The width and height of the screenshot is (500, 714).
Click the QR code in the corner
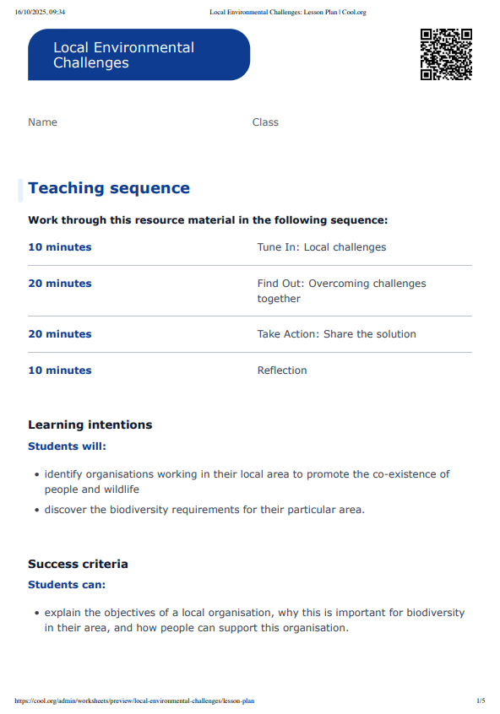(x=446, y=54)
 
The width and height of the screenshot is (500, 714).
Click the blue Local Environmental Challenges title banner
(x=139, y=55)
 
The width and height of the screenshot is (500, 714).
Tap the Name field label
(x=42, y=122)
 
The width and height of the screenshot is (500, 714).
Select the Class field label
(x=265, y=122)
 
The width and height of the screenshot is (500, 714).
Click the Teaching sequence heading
(x=109, y=188)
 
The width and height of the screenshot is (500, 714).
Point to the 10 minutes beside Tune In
(x=60, y=247)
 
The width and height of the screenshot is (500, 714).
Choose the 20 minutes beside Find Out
(x=60, y=284)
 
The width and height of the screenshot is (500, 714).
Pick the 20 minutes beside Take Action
(x=60, y=334)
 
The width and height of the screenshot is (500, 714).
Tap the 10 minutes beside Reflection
(x=60, y=371)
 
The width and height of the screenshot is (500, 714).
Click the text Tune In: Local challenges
(x=321, y=247)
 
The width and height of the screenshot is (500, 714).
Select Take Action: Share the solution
(x=336, y=334)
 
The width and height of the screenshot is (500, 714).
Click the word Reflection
(x=282, y=371)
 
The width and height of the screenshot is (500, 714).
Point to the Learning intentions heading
(x=90, y=425)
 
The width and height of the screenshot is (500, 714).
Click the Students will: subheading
(x=68, y=446)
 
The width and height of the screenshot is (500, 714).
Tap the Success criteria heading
(x=78, y=564)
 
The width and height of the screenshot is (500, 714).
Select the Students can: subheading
(x=67, y=585)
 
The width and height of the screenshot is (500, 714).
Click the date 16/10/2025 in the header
(x=31, y=12)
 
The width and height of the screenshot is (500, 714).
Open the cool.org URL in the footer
(x=135, y=700)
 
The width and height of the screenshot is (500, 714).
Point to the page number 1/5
(x=481, y=700)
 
